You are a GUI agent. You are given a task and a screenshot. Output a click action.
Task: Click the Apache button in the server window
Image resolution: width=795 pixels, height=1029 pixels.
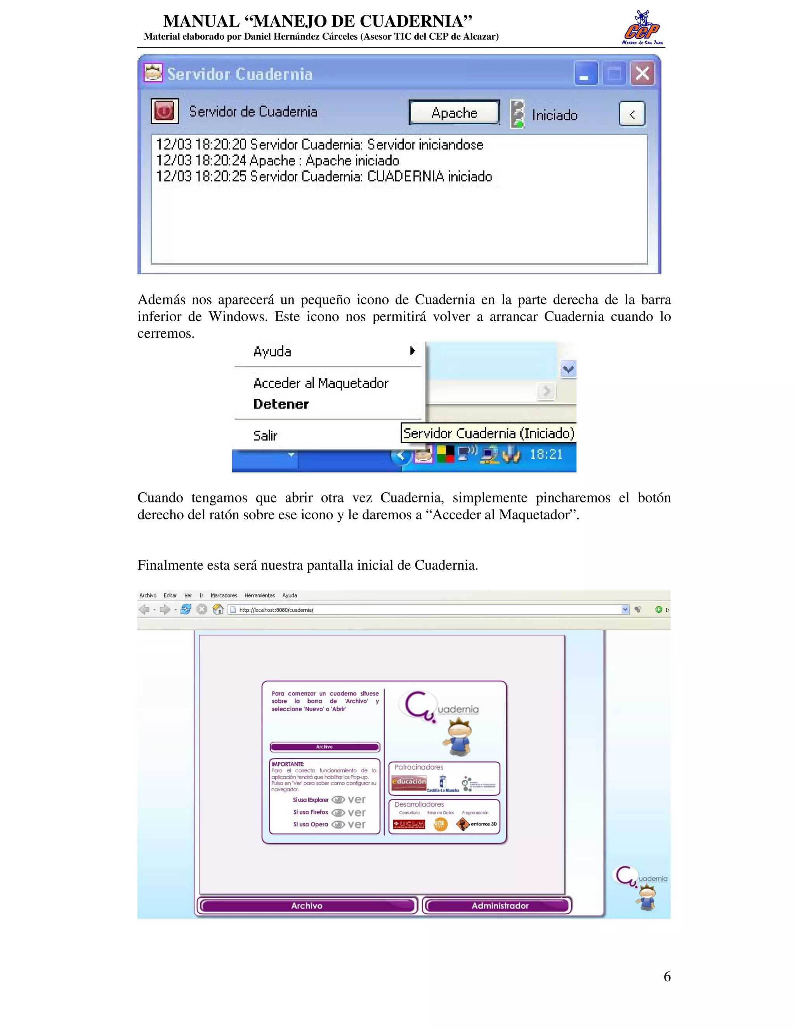[x=454, y=113]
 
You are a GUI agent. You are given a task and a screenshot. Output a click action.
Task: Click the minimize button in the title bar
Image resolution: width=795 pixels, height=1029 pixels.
[x=585, y=74]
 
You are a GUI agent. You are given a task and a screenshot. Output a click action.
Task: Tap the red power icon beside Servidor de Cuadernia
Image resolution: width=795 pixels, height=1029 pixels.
[x=164, y=111]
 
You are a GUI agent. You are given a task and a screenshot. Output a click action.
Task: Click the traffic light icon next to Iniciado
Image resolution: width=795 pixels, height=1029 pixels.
[x=517, y=114]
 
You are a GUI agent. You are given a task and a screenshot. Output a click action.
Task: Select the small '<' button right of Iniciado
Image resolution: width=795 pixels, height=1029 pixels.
[x=632, y=114]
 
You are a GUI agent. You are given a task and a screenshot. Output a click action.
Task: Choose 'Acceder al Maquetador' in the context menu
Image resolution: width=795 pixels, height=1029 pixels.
[x=321, y=383]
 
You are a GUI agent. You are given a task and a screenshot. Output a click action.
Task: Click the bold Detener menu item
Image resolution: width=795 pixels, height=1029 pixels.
[x=281, y=404]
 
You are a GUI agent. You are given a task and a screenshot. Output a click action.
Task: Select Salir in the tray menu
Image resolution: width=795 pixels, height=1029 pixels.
[x=265, y=435]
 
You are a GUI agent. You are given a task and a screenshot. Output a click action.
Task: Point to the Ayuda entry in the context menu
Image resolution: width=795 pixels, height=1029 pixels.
[x=272, y=351]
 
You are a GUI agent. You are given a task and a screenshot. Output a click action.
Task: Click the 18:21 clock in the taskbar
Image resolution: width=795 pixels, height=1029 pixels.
[x=546, y=454]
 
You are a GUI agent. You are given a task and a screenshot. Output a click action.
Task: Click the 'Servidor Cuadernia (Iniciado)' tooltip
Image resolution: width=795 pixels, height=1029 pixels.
[x=488, y=433]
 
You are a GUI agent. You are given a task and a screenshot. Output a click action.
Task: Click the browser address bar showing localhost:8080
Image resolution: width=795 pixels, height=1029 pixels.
[x=429, y=610]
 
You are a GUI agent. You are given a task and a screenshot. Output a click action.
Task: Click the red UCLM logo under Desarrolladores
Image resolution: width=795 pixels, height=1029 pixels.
[x=409, y=824]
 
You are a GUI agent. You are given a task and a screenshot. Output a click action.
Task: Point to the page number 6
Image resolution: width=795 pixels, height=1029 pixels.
[x=667, y=977]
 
